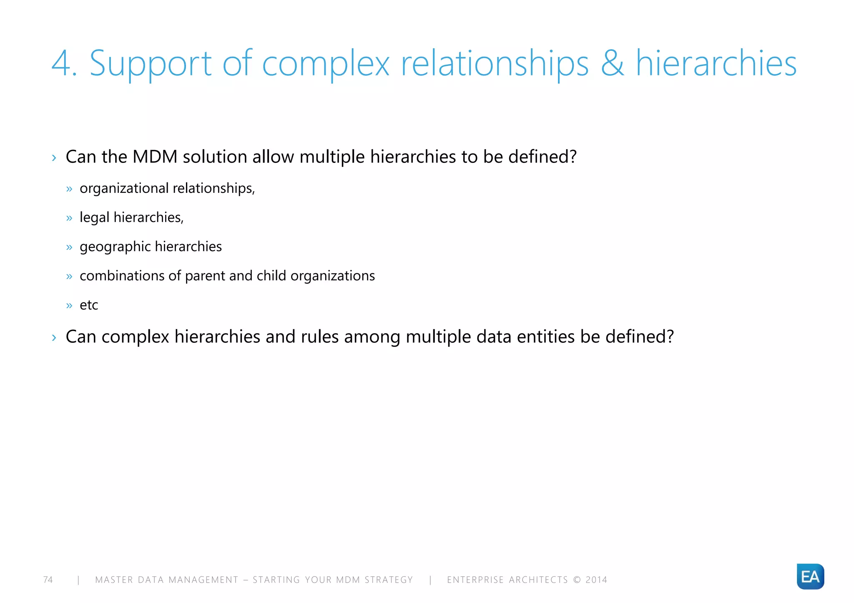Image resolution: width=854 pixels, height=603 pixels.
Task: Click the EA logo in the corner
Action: click(x=810, y=576)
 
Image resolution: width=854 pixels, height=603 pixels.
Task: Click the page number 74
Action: click(x=48, y=580)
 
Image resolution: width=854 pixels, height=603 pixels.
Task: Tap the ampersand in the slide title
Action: click(x=612, y=64)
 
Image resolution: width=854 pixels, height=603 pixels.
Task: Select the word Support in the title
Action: click(x=151, y=64)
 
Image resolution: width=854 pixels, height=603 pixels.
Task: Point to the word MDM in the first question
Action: click(x=155, y=157)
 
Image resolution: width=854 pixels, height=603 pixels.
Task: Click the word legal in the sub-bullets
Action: click(x=95, y=217)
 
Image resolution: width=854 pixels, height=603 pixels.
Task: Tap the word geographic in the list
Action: click(x=115, y=247)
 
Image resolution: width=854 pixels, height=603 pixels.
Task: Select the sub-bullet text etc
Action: click(x=89, y=305)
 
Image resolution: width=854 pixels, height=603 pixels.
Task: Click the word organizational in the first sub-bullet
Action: click(x=124, y=188)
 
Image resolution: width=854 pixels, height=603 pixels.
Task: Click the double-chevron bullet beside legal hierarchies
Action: click(x=69, y=218)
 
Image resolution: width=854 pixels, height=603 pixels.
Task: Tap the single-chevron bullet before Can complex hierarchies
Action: click(x=54, y=337)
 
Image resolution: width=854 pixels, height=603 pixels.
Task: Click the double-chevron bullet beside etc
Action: click(x=69, y=306)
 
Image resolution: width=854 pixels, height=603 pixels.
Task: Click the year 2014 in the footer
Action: click(x=596, y=580)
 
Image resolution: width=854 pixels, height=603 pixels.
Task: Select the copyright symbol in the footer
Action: click(x=577, y=580)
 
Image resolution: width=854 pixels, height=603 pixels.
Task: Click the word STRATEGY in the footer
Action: click(x=389, y=580)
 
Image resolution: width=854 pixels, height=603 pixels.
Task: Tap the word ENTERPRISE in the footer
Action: click(x=475, y=580)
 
